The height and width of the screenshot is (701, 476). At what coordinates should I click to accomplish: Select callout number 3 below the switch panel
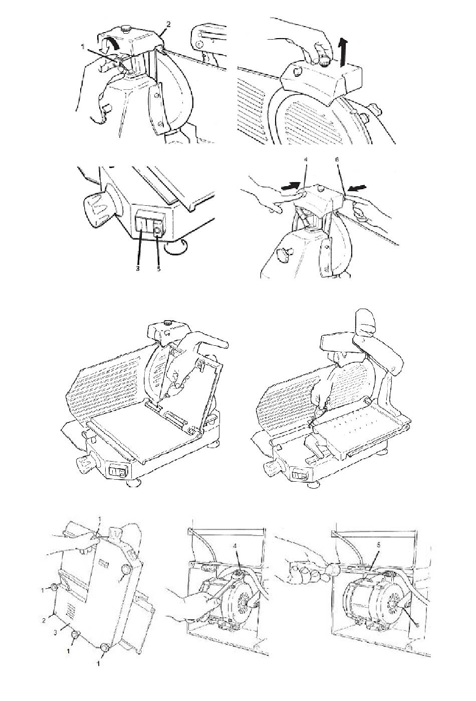point(138,268)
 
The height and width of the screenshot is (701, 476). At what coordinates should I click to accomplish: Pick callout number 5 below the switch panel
point(159,268)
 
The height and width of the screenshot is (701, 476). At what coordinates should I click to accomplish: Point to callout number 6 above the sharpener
point(337,160)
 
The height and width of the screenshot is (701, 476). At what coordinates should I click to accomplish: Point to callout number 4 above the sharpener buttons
point(305,160)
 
